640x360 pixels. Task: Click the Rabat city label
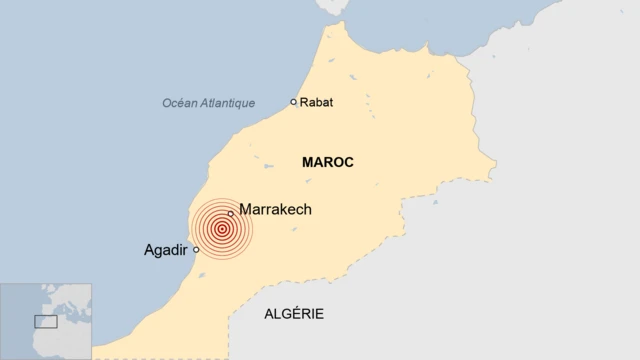(x=317, y=102)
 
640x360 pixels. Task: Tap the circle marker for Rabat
(x=293, y=102)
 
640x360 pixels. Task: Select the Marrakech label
(x=276, y=210)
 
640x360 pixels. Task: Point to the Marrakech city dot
(x=231, y=213)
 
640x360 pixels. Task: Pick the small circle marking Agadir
(x=196, y=250)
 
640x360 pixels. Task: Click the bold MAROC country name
(x=327, y=162)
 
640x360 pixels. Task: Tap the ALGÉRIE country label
(x=294, y=314)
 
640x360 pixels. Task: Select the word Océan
(x=182, y=103)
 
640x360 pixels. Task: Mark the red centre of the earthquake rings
(x=221, y=229)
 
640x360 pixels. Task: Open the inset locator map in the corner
(x=46, y=321)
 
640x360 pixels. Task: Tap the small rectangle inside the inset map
(x=46, y=321)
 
